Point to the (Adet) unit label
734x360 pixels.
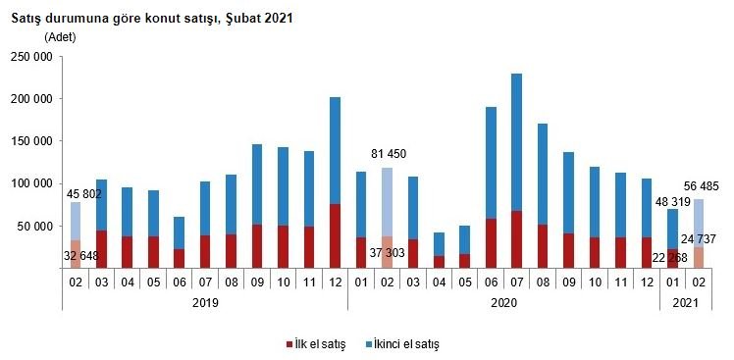coord(60,37)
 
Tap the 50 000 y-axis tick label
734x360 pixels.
coord(34,226)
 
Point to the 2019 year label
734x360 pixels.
coord(204,303)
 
